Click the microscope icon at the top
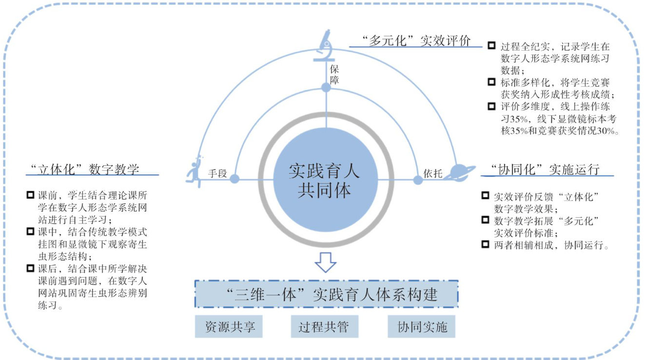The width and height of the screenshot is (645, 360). pos(326,44)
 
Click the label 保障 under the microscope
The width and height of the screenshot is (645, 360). pos(334,74)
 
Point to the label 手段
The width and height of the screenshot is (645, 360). pos(217,173)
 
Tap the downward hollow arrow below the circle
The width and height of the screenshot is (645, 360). pos(325,262)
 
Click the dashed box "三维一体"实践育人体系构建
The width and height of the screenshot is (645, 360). pos(326,294)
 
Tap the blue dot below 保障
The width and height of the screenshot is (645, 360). pos(326,87)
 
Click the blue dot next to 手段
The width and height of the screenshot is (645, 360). pos(235,179)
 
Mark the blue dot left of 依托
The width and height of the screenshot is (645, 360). pos(418,180)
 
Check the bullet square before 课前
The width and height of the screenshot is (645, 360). pos(31,195)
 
